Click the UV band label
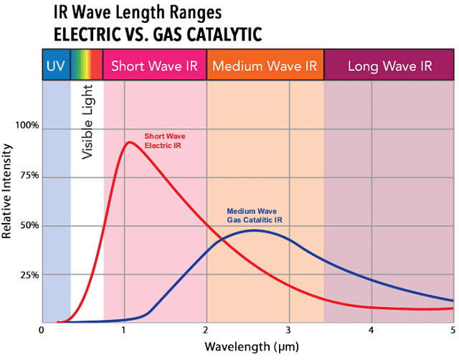point(56,67)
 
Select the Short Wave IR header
point(155,67)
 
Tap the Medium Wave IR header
point(265,67)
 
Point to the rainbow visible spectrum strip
point(87,66)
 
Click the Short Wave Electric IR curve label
point(164,140)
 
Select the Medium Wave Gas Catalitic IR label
point(253,215)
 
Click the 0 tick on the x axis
point(42,331)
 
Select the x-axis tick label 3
point(288,331)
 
